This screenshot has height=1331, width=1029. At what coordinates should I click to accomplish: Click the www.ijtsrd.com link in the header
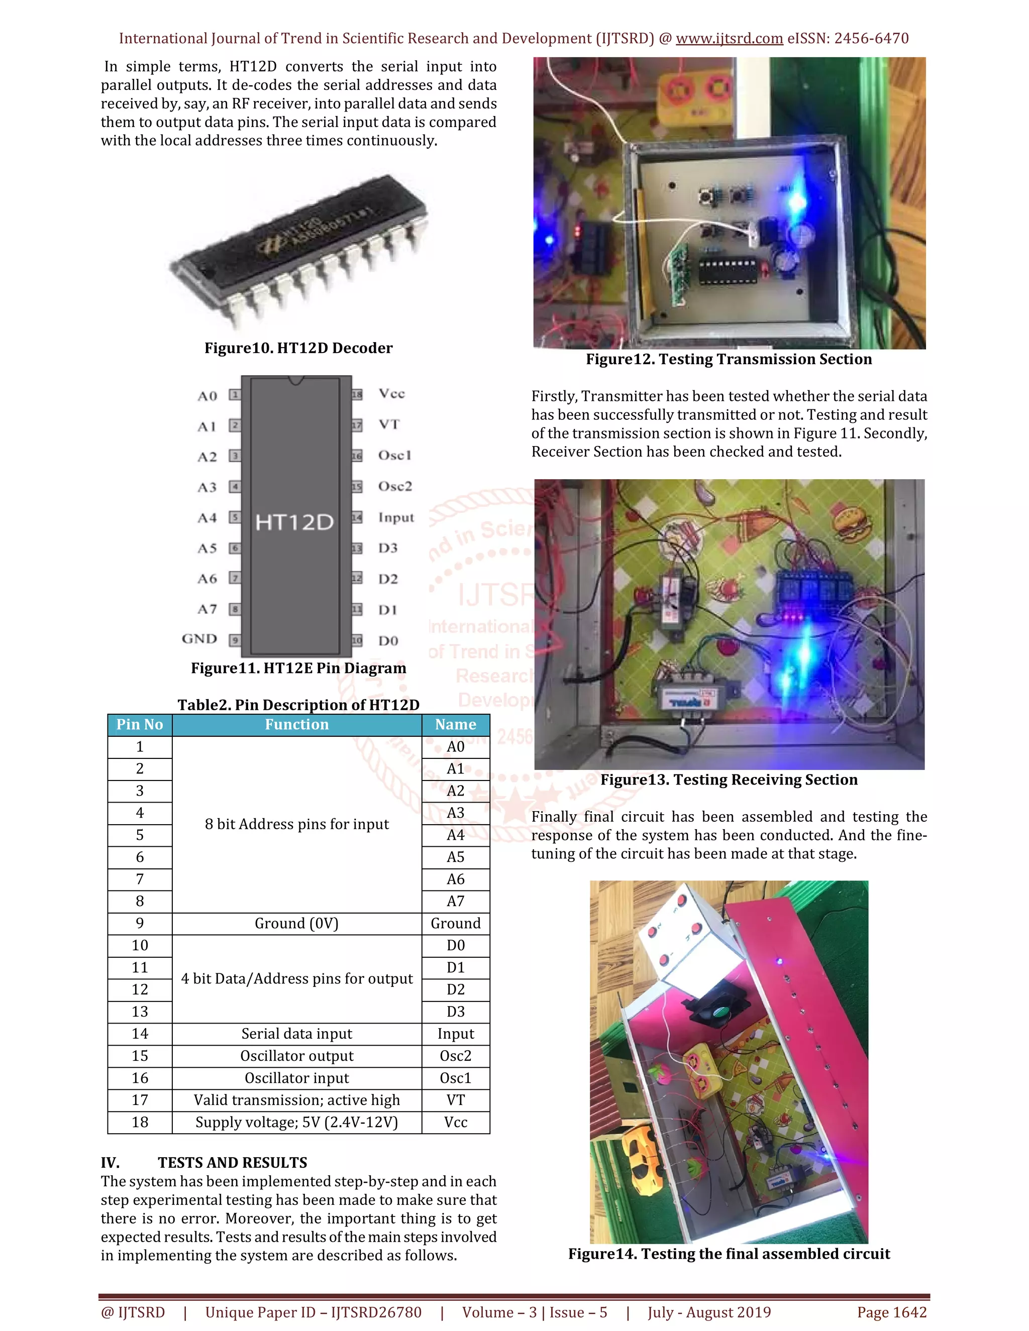(729, 38)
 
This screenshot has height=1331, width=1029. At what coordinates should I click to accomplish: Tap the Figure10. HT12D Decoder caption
(298, 348)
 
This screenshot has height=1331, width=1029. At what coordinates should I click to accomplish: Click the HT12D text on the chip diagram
(294, 522)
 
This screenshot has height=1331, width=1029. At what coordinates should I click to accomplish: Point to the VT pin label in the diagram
(389, 424)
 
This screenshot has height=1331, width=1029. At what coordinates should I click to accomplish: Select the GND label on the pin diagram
(199, 639)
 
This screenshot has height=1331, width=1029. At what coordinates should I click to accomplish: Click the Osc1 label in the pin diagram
(394, 455)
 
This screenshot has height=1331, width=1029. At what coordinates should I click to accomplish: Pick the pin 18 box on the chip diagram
(357, 394)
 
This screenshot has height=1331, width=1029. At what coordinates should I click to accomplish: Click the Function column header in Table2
(296, 725)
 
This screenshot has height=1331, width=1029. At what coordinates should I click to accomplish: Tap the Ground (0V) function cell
(296, 923)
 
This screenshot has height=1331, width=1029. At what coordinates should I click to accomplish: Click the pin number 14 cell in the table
(140, 1034)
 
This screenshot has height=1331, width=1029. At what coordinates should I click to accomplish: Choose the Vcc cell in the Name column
(455, 1122)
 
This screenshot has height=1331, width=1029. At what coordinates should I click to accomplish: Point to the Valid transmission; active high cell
(296, 1100)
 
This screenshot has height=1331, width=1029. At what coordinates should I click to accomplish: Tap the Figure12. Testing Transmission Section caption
(729, 359)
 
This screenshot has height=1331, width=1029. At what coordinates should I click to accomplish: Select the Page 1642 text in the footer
(891, 1312)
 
